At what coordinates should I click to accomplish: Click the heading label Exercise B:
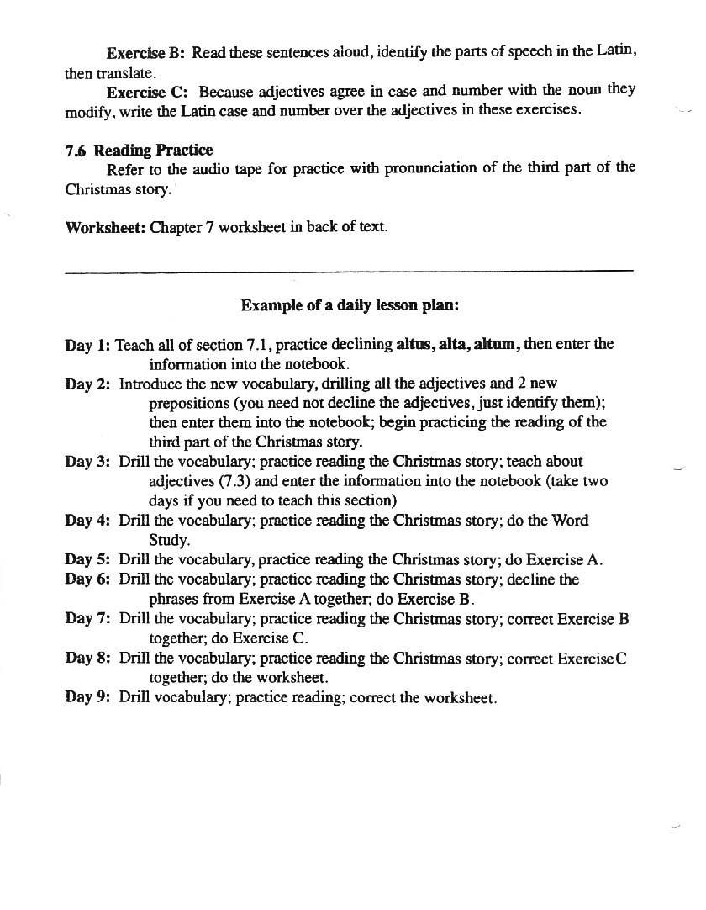pyautogui.click(x=145, y=52)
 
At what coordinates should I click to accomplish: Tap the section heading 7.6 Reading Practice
pyautogui.click(x=139, y=151)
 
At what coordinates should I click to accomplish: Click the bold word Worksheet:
pyautogui.click(x=105, y=227)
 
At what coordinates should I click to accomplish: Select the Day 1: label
pyautogui.click(x=87, y=345)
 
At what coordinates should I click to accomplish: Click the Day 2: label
pyautogui.click(x=87, y=384)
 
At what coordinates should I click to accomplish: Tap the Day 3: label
pyautogui.click(x=87, y=462)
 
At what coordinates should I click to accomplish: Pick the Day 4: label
pyautogui.click(x=87, y=521)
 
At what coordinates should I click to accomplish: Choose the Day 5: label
pyautogui.click(x=87, y=559)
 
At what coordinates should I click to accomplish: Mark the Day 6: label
pyautogui.click(x=87, y=579)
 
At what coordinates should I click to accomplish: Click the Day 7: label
pyautogui.click(x=87, y=619)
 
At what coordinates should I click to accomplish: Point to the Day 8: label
pyautogui.click(x=87, y=659)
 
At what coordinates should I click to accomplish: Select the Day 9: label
pyautogui.click(x=87, y=698)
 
